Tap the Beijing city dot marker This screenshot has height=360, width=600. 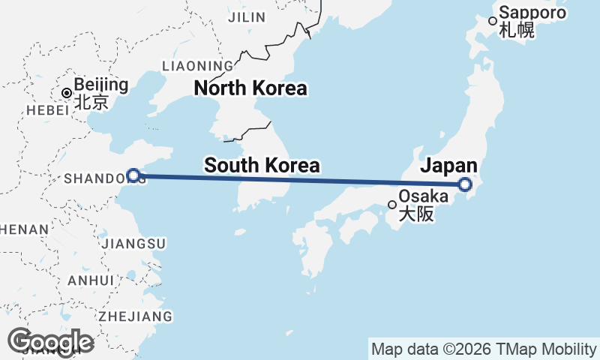(x=67, y=93)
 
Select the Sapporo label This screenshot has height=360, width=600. (x=531, y=13)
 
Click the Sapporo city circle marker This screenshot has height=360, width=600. (x=493, y=21)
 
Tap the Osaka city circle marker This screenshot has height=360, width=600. (x=391, y=204)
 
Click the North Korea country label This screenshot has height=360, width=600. (x=250, y=88)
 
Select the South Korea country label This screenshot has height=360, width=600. (x=262, y=165)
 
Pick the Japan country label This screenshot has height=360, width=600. (x=448, y=166)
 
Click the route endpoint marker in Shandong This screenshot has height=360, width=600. (x=133, y=175)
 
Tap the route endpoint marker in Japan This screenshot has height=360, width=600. (x=465, y=184)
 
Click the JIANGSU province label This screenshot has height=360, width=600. (x=136, y=244)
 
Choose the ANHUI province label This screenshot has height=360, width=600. (x=90, y=280)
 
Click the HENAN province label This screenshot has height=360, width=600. (x=24, y=229)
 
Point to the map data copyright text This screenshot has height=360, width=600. (x=483, y=349)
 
